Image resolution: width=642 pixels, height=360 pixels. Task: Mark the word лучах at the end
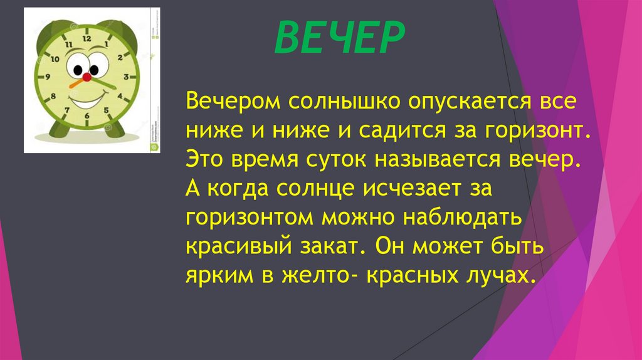(498, 277)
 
